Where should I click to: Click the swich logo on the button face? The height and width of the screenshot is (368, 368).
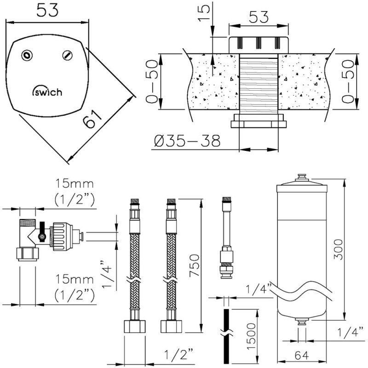(x=47, y=91)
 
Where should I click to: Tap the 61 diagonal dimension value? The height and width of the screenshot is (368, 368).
(x=92, y=120)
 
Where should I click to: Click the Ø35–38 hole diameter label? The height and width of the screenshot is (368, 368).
(x=187, y=141)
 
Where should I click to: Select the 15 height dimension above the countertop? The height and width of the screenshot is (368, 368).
(x=204, y=13)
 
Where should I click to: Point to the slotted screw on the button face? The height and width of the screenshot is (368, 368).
(x=68, y=55)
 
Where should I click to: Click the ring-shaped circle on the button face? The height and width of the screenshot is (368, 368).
(x=27, y=56)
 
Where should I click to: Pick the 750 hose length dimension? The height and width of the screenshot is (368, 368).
(x=194, y=265)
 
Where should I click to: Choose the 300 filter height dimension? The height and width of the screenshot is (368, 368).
(x=338, y=249)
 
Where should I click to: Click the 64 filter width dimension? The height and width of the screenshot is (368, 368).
(x=302, y=355)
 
